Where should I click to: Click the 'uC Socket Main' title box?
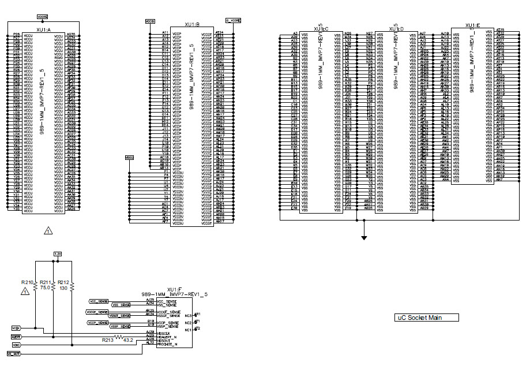tap(427, 318)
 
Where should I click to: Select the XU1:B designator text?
tap(191, 25)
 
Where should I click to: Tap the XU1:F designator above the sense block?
tap(175, 289)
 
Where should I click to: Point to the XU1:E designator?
tap(473, 25)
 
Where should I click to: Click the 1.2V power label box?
tap(57, 254)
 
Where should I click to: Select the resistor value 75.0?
tap(44, 287)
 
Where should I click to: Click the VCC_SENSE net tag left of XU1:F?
tap(99, 301)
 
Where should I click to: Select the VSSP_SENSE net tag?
tap(97, 327)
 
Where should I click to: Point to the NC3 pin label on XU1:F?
tap(189, 315)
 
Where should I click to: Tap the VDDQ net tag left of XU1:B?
tap(129, 157)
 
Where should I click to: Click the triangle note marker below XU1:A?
tap(48, 231)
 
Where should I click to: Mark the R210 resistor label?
tap(27, 282)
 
